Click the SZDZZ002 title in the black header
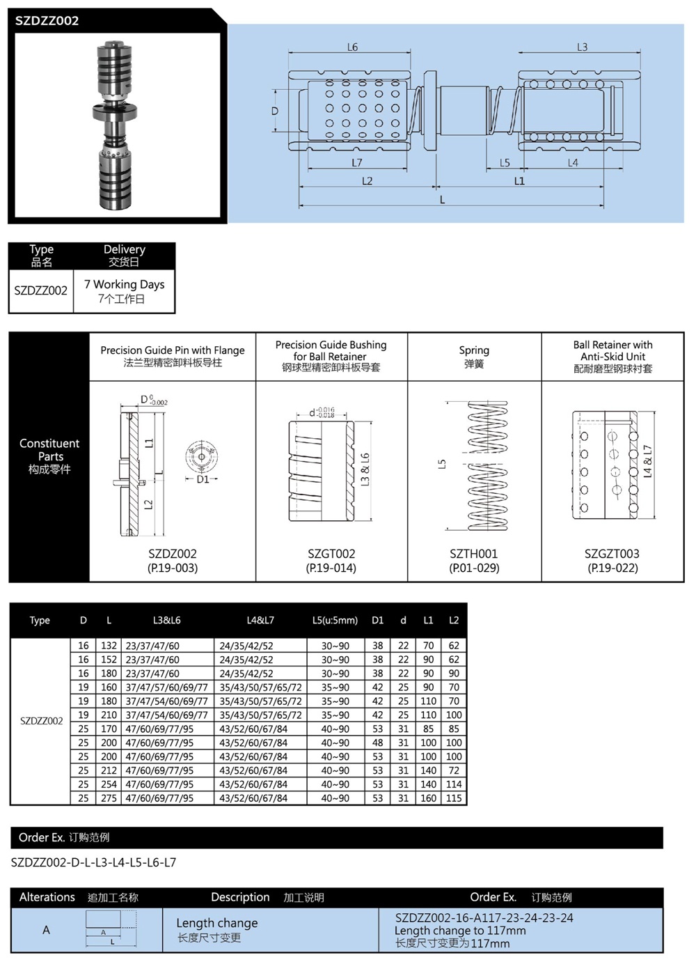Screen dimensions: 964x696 click(47, 21)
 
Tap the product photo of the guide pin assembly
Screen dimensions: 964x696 click(114, 125)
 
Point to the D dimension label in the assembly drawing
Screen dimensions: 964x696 click(275, 111)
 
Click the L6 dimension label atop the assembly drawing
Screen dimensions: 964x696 click(353, 47)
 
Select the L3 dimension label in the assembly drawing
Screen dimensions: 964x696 click(582, 47)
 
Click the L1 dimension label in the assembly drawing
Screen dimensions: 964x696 click(519, 181)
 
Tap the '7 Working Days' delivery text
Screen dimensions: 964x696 click(125, 284)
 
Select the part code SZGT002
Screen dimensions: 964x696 click(331, 554)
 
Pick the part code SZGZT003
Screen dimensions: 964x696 click(612, 554)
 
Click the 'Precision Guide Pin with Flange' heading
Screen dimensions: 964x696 click(173, 350)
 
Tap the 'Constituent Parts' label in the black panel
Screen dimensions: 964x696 click(49, 450)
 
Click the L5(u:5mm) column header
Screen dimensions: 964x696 click(335, 620)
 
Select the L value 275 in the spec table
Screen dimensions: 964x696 click(109, 798)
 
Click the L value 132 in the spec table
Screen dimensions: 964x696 click(109, 646)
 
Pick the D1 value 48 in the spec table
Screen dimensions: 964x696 click(378, 743)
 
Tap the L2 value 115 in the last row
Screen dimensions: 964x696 click(454, 798)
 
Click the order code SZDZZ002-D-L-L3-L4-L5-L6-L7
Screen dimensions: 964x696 click(94, 862)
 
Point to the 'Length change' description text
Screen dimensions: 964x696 click(216, 923)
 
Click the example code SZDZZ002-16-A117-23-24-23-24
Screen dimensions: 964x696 click(484, 918)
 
